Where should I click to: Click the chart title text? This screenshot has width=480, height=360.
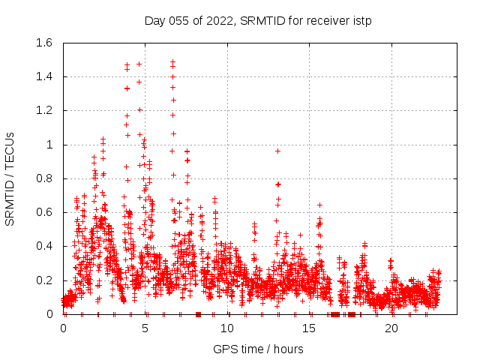pyautogui.click(x=258, y=20)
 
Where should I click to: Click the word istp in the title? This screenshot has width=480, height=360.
pyautogui.click(x=361, y=20)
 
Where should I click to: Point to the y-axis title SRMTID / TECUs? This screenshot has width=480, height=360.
pyautogui.click(x=10, y=178)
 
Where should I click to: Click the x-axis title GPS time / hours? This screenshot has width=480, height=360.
pyautogui.click(x=258, y=349)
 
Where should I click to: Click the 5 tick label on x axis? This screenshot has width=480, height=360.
pyautogui.click(x=145, y=328)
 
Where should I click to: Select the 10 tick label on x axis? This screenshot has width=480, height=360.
pyautogui.click(x=227, y=328)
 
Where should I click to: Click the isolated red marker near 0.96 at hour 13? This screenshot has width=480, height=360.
pyautogui.click(x=277, y=151)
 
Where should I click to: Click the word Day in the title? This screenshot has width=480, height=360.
pyautogui.click(x=154, y=20)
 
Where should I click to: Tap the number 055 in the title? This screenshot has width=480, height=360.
pyautogui.click(x=181, y=20)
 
